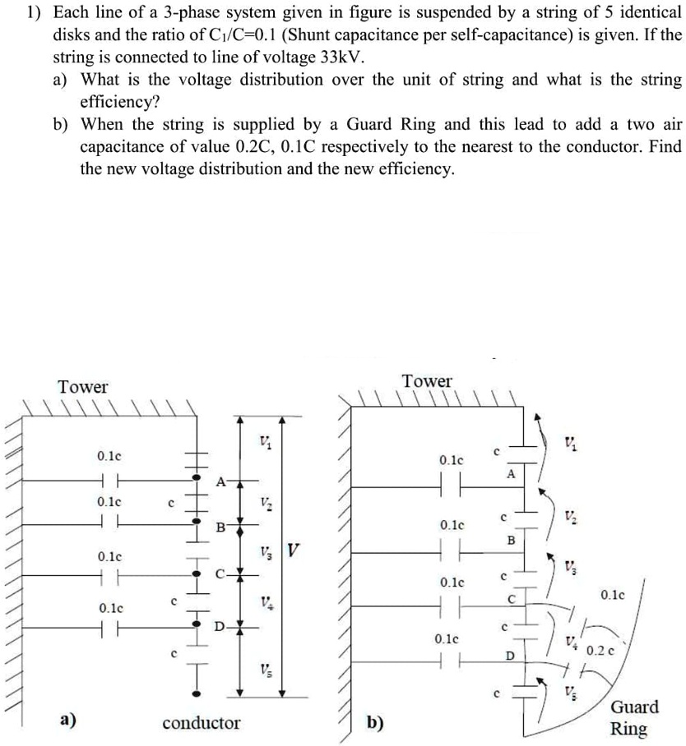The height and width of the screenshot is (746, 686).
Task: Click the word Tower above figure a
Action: tap(83, 386)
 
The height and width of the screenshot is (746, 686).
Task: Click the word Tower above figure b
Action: tap(427, 381)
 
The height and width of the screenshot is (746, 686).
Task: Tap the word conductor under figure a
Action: tap(202, 723)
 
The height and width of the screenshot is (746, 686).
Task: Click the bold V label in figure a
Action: tap(293, 549)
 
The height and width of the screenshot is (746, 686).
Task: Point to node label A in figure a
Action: tap(220, 481)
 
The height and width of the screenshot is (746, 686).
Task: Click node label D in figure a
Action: tap(219, 628)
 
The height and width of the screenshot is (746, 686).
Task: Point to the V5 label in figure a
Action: tap(264, 668)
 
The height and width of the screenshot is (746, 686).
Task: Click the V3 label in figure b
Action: tap(570, 566)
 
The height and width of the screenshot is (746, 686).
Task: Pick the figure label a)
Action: tap(68, 721)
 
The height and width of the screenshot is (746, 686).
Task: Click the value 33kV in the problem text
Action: tap(333, 58)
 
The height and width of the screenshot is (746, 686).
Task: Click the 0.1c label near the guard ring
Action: tap(614, 594)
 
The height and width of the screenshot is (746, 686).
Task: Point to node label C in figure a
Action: tap(219, 574)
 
